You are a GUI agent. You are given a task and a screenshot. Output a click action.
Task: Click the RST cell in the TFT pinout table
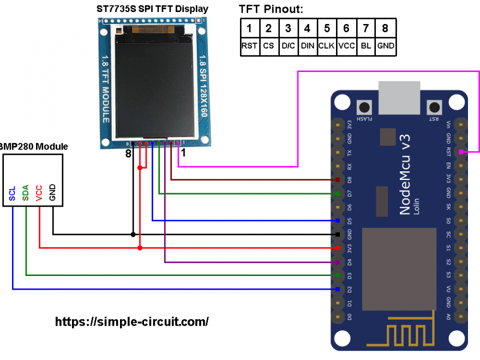pyautogui.click(x=249, y=46)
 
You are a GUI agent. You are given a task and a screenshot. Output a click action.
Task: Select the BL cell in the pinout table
pyautogui.click(x=366, y=46)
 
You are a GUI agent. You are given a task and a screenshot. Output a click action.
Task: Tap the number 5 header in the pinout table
pyautogui.click(x=327, y=28)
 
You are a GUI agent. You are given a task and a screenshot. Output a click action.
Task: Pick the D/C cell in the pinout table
pyautogui.click(x=288, y=46)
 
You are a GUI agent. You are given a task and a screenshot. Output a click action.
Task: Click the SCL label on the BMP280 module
pyautogui.click(x=13, y=194)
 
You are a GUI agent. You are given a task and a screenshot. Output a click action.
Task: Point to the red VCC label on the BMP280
pyautogui.click(x=39, y=193)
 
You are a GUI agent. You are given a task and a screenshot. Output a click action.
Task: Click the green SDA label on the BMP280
pyautogui.click(x=26, y=193)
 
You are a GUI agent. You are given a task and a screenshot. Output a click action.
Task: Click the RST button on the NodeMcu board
pyautogui.click(x=434, y=107)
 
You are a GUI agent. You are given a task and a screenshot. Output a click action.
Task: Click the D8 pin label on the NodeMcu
pyautogui.click(x=349, y=179)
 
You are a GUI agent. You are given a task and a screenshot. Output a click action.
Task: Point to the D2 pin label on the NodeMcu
pyautogui.click(x=349, y=289)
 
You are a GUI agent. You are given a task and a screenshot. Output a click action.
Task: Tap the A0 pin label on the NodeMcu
pyautogui.click(x=448, y=316)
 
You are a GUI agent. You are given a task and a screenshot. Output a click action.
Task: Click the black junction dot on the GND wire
pyautogui.click(x=133, y=235)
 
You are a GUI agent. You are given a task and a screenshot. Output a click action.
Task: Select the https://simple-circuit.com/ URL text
pyautogui.click(x=132, y=321)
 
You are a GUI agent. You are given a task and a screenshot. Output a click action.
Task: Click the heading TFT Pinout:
pyautogui.click(x=271, y=9)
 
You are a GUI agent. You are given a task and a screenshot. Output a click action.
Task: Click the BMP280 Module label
pyautogui.click(x=34, y=146)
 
